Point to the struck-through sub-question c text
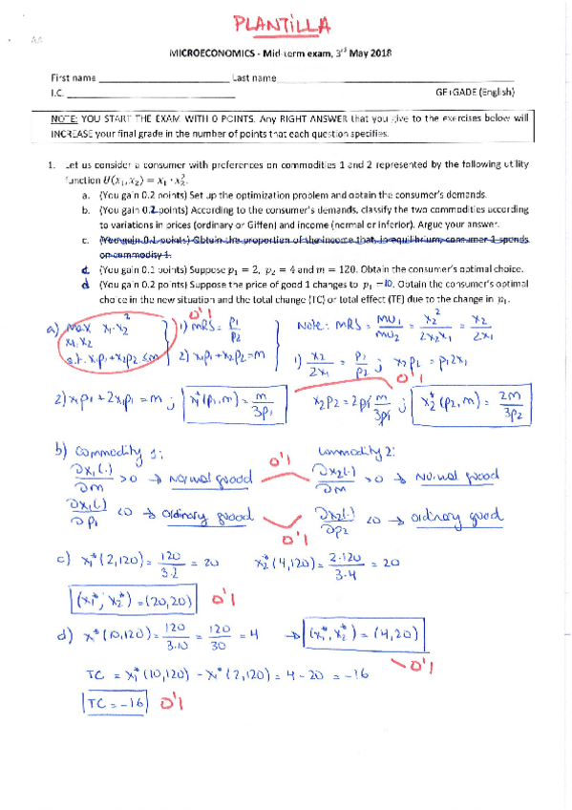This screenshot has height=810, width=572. pyautogui.click(x=306, y=245)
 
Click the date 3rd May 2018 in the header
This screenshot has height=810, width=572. pyautogui.click(x=365, y=54)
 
